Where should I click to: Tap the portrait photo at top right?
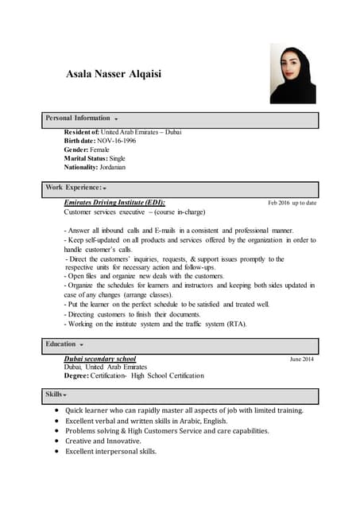[292, 73]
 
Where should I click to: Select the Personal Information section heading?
[78, 118]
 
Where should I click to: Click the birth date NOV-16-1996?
[117, 141]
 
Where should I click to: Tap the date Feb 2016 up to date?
[292, 203]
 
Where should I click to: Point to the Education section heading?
[60, 344]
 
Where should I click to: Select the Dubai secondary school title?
[100, 359]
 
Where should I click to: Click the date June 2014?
[301, 359]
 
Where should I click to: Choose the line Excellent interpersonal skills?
[111, 451]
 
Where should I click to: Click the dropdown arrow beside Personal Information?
[116, 119]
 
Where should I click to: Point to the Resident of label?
[81, 132]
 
